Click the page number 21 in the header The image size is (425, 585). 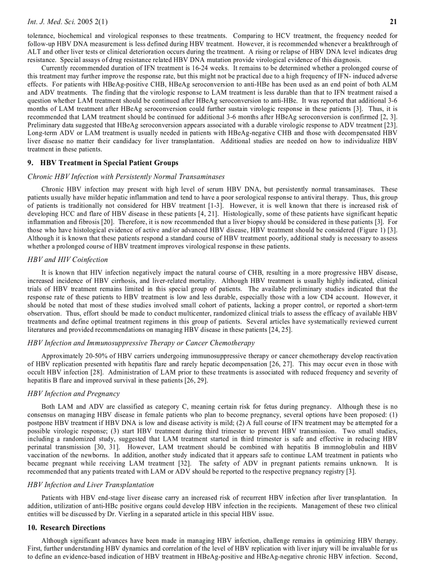(394, 21)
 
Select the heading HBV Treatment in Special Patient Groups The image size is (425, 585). (103, 163)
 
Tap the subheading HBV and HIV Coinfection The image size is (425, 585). (68, 259)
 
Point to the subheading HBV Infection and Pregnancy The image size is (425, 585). (73, 393)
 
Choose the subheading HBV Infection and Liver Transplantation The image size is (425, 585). (91, 484)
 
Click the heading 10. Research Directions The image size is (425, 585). (66, 528)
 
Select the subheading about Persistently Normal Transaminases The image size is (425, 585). (126, 177)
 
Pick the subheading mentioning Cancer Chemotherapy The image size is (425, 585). (141, 343)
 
